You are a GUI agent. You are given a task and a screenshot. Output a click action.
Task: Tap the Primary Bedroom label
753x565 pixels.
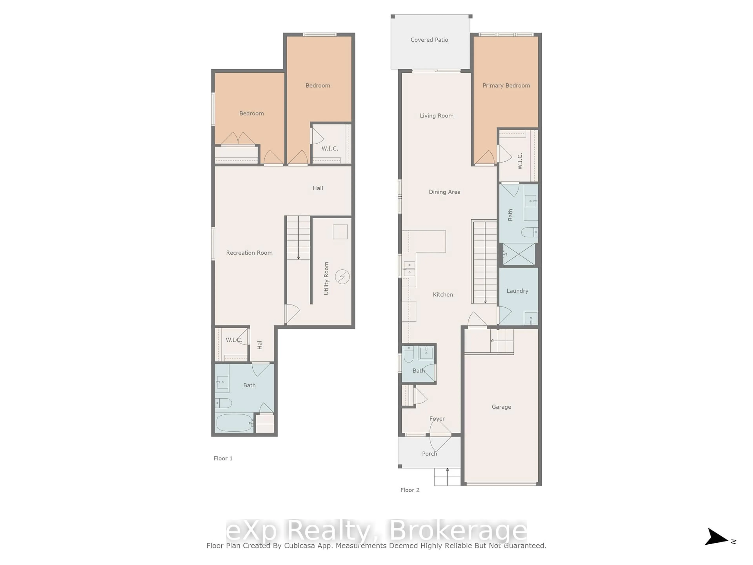pyautogui.click(x=506, y=86)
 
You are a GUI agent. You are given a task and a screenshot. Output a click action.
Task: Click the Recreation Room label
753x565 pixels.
pyautogui.click(x=249, y=253)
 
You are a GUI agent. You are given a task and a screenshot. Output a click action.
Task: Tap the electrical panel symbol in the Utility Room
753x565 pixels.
pyautogui.click(x=342, y=277)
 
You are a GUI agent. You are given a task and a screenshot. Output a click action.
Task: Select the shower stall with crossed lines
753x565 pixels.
pyautogui.click(x=518, y=254)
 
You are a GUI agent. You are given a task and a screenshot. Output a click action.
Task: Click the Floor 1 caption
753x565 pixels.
pyautogui.click(x=223, y=458)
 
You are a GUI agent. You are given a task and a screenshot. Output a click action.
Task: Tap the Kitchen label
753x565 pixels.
pyautogui.click(x=443, y=295)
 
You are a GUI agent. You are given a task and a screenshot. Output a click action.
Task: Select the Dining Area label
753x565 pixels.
pyautogui.click(x=444, y=192)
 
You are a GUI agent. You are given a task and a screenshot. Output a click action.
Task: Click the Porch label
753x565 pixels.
pyautogui.click(x=429, y=454)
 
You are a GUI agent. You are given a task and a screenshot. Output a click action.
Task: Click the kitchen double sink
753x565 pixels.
pyautogui.click(x=409, y=269)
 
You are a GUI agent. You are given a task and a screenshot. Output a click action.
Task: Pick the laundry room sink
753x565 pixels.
pyautogui.click(x=531, y=318)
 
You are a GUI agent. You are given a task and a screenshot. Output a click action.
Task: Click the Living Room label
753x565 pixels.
pyautogui.click(x=437, y=116)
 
